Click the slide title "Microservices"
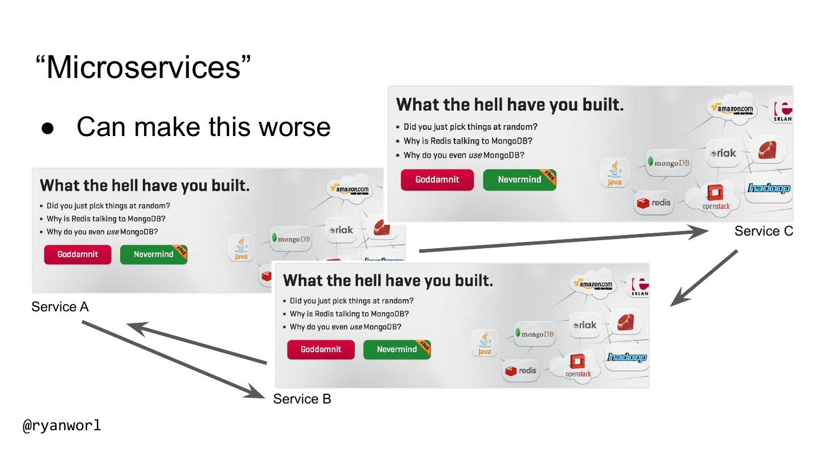click(142, 67)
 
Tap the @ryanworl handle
click(61, 425)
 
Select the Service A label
click(60, 307)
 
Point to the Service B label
click(302, 399)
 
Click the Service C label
click(763, 231)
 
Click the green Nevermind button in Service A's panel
click(154, 254)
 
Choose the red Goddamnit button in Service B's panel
click(321, 349)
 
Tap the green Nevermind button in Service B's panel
click(397, 349)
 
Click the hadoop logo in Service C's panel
click(769, 188)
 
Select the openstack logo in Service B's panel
click(578, 367)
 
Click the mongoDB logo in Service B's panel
click(535, 334)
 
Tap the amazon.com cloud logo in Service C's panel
click(734, 109)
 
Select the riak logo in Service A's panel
click(341, 230)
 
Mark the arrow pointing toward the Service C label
click(564, 240)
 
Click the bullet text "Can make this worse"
click(203, 126)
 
